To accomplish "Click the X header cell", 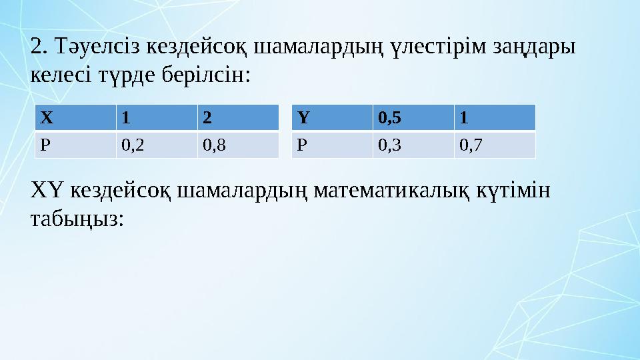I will click(75, 118).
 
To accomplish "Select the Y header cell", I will click(332, 118).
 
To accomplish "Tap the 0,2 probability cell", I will click(156, 145).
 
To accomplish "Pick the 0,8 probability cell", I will click(237, 145).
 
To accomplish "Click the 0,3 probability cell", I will click(413, 145).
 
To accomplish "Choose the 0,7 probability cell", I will click(495, 145).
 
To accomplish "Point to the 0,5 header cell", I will click(413, 118).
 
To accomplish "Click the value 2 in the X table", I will click(237, 118).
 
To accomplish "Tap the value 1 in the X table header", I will click(156, 118).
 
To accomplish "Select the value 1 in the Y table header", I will click(495, 118).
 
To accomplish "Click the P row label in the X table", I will click(75, 145).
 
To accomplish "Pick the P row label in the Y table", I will click(332, 145).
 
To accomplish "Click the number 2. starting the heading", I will click(40, 47).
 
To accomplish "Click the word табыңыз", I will click(77, 219).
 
